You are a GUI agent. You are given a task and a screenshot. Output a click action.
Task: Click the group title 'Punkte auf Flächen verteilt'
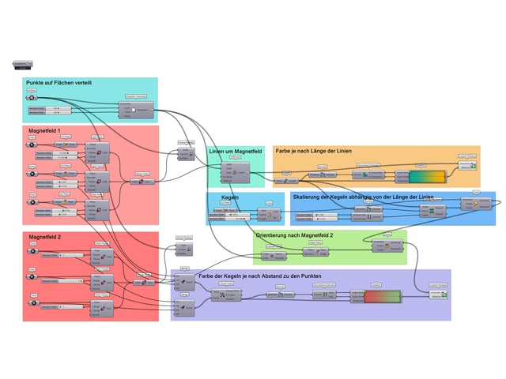[60, 83]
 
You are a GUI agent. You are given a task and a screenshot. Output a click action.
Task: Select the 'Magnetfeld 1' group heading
[47, 130]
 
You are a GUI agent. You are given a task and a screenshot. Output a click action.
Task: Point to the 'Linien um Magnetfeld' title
[235, 151]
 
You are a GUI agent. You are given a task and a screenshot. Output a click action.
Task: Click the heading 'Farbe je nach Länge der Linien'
[313, 150]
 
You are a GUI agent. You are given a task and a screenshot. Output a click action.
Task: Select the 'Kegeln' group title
[230, 197]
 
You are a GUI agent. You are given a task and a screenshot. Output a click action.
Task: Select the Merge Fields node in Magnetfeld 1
[143, 181]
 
